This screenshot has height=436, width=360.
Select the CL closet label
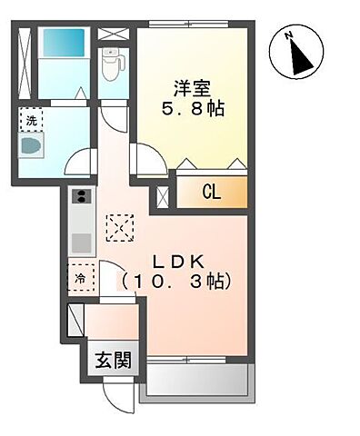coord(210,192)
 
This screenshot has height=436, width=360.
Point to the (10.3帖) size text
coord(178,282)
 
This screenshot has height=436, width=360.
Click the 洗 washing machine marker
coord(32,121)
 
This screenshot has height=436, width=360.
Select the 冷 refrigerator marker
coord(80,278)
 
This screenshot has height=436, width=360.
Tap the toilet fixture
coord(113,64)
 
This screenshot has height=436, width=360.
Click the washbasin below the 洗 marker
coord(32,146)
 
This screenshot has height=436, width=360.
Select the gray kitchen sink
coord(80,243)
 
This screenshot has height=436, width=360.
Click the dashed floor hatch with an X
coord(119,226)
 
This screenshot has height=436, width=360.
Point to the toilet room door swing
coord(114,116)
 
